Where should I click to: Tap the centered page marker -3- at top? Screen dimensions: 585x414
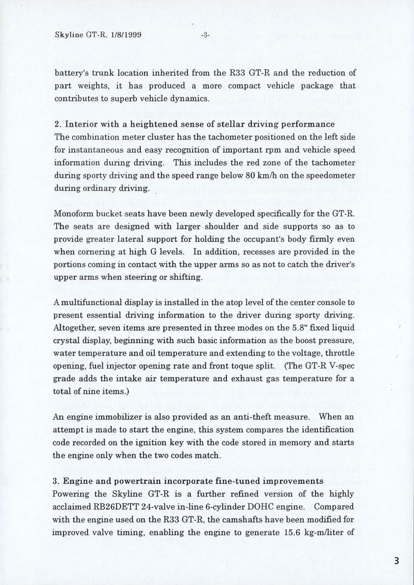tap(205, 35)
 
